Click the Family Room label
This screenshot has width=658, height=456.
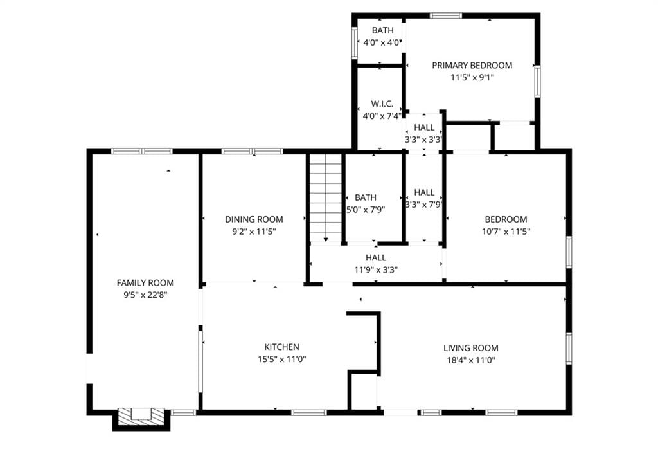point(145,282)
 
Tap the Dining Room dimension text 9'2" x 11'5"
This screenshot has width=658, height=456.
point(254,232)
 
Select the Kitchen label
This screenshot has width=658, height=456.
point(281,347)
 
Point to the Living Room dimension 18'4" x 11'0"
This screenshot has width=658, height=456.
point(471,360)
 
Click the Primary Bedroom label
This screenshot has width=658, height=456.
point(472,65)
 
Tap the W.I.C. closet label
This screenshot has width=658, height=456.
point(382,104)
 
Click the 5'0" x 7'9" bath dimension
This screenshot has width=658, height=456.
point(366,210)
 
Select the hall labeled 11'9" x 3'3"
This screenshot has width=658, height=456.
point(376,264)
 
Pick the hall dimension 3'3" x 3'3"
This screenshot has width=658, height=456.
point(424,140)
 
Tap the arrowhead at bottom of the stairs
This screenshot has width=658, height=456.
point(326,239)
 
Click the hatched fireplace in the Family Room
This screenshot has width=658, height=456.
point(141,416)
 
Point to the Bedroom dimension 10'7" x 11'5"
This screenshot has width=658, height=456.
point(506,232)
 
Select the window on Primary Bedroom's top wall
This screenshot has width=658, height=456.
point(446,16)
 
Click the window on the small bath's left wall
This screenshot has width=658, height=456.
point(355,42)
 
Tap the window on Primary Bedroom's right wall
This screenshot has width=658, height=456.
point(537,82)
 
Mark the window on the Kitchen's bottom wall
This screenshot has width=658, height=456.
point(308,413)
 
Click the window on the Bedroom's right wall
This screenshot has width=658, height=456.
point(569,252)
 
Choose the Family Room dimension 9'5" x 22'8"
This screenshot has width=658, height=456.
point(145,295)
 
